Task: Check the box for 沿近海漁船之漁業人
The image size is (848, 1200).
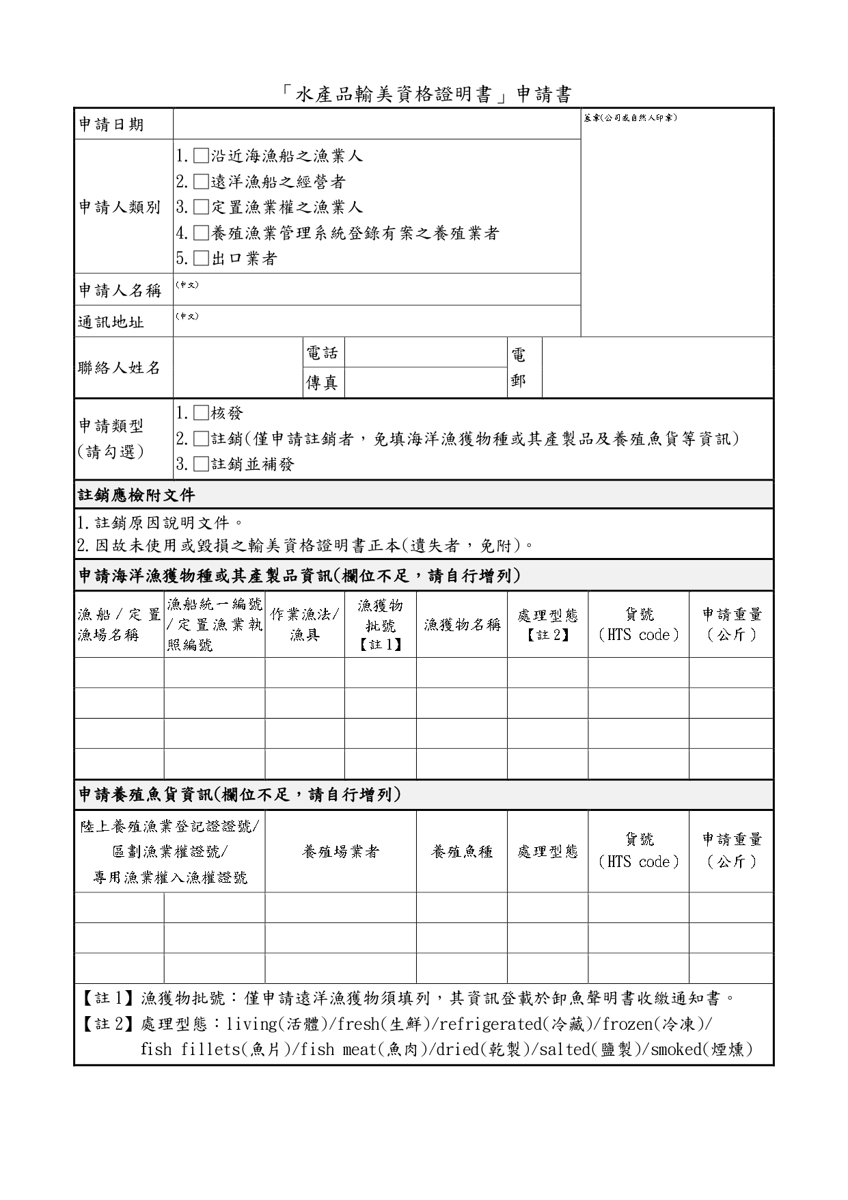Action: (x=201, y=156)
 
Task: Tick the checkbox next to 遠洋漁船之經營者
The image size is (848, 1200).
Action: (x=201, y=182)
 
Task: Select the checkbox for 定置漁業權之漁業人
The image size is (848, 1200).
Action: (x=201, y=207)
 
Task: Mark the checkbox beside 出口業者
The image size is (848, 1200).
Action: (x=201, y=258)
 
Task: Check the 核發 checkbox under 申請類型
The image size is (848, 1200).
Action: (x=201, y=413)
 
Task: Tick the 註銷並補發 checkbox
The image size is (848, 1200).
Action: (x=201, y=464)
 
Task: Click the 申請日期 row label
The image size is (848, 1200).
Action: (x=111, y=124)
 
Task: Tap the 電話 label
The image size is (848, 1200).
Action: (x=323, y=353)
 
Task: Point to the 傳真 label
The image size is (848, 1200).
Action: (x=323, y=382)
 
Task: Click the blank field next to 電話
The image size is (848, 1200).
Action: (x=426, y=353)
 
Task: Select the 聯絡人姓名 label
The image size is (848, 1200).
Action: (x=120, y=368)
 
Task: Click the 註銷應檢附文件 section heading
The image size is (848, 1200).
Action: (x=137, y=494)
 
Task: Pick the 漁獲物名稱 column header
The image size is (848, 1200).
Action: (x=462, y=624)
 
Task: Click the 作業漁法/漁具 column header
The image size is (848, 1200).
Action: (x=305, y=624)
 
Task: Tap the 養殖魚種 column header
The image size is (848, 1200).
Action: (x=462, y=851)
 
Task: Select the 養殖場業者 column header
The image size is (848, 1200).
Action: (x=340, y=851)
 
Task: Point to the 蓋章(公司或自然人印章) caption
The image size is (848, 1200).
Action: (x=629, y=118)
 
